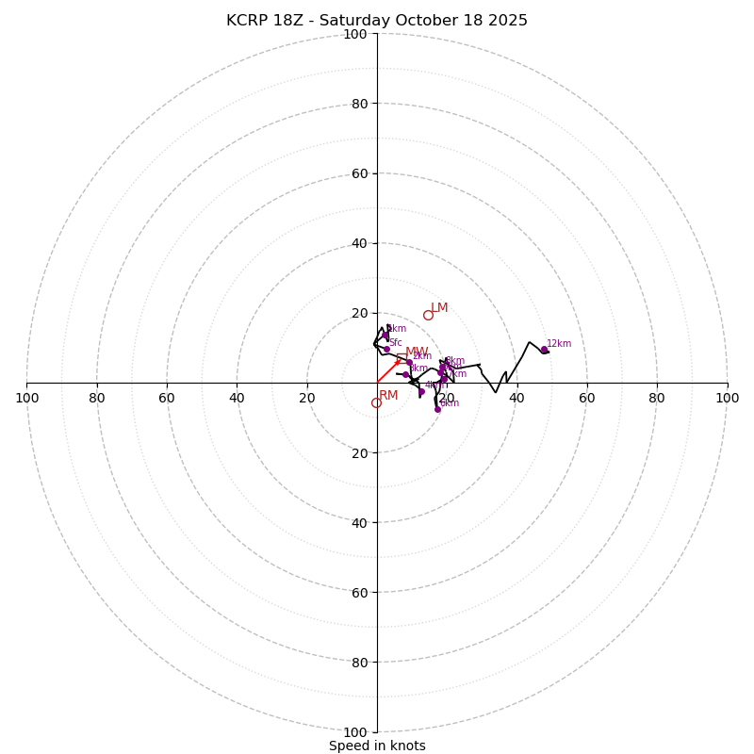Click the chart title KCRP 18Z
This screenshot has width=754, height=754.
pos(377,21)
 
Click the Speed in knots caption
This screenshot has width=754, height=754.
pos(377,746)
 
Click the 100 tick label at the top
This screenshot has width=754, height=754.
pos(355,34)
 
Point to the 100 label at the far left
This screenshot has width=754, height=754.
pos(26,398)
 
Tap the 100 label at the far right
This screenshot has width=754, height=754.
pos(727,398)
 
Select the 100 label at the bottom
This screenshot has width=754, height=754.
pos(355,732)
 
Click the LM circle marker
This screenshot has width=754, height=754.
pos(428,315)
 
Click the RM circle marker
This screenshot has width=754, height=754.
pos(376,402)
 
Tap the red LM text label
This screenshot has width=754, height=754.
pos(439,308)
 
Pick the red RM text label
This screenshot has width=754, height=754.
pos(388,396)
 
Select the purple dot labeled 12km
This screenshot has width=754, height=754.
pos(544,350)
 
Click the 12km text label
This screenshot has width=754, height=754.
pos(559,344)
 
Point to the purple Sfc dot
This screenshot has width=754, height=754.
pos(386,349)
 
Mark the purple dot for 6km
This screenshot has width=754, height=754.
pos(437,409)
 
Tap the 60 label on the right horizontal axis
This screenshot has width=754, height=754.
pos(587,398)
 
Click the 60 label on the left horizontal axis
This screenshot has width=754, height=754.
pos(167,398)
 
